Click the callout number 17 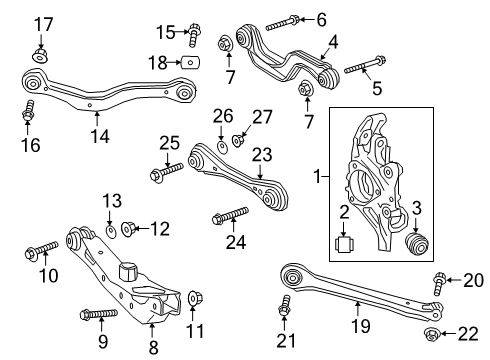point(41,24)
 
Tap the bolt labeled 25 point(166,173)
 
